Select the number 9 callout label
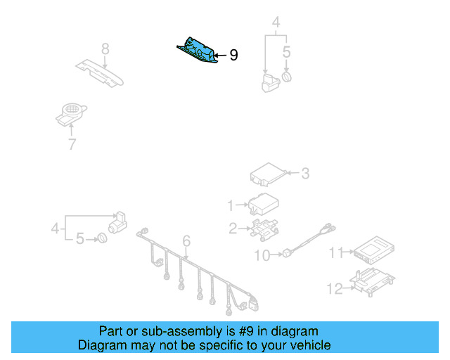(233, 55)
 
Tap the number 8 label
(105, 49)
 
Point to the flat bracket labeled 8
(100, 72)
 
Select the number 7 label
(71, 145)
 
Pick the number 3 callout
(304, 172)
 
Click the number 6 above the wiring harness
(186, 243)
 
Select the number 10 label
(262, 256)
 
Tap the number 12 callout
(334, 288)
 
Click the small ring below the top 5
(286, 76)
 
